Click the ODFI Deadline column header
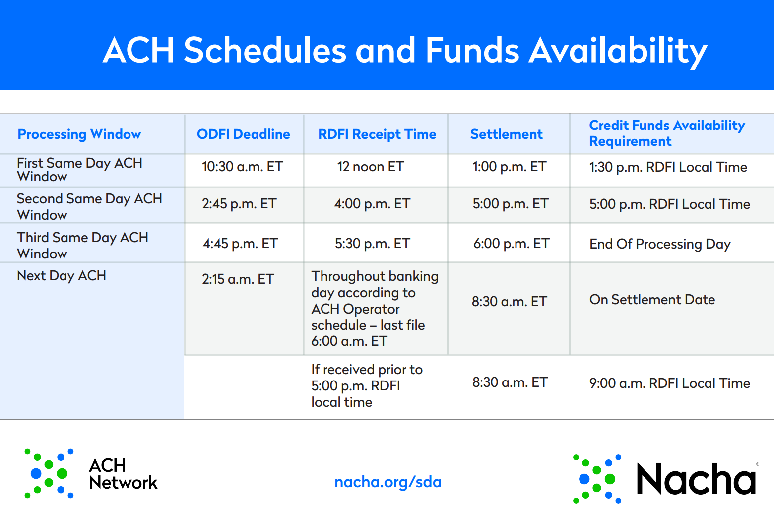(x=243, y=134)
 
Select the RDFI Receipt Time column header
(x=377, y=134)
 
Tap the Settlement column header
(x=506, y=134)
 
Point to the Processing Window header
(x=79, y=134)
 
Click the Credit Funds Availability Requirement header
(x=667, y=133)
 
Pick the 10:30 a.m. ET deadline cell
(x=243, y=167)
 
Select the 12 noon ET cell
(x=371, y=167)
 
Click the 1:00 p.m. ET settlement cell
(x=509, y=167)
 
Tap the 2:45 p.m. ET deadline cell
(x=239, y=204)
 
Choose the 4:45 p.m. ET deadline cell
(x=240, y=244)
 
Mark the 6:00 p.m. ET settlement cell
(x=511, y=244)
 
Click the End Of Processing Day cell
(x=660, y=244)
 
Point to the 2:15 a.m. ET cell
(x=238, y=279)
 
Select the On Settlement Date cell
(x=652, y=299)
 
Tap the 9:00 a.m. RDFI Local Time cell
(x=670, y=383)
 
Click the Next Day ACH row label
(x=62, y=276)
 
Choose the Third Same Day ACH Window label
(x=82, y=246)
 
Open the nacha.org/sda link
(x=388, y=482)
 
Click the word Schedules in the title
(x=264, y=51)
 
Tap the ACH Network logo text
(x=123, y=474)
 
